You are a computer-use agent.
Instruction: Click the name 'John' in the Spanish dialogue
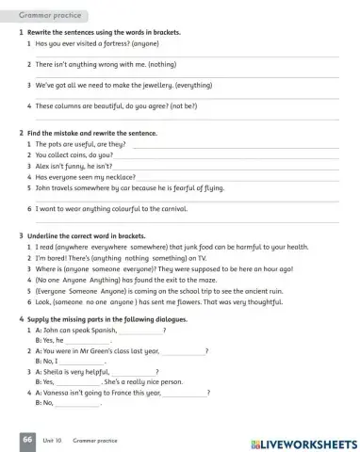click(53, 331)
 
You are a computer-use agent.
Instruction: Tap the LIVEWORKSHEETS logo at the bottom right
click(301, 442)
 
